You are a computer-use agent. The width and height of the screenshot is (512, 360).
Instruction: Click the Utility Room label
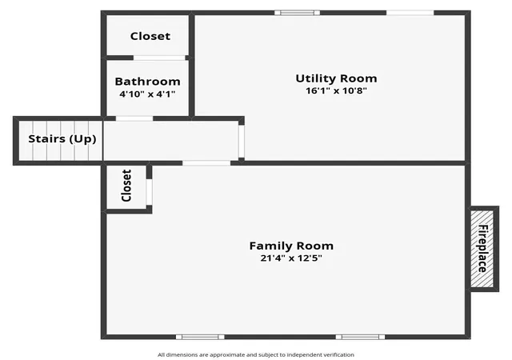pyautogui.click(x=336, y=78)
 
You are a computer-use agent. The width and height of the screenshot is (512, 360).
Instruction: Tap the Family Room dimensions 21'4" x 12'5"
pyautogui.click(x=291, y=258)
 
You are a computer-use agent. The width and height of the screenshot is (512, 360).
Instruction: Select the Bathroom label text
pyautogui.click(x=147, y=82)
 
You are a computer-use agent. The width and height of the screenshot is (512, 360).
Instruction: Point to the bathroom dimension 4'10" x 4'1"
pyautogui.click(x=147, y=94)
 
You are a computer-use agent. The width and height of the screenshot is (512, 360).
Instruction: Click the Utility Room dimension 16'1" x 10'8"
pyautogui.click(x=336, y=90)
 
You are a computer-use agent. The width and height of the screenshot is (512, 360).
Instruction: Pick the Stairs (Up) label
pyautogui.click(x=62, y=139)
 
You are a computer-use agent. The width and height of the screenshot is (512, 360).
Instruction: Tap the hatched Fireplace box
pyautogui.click(x=482, y=249)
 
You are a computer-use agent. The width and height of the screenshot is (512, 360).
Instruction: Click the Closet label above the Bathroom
pyautogui.click(x=150, y=36)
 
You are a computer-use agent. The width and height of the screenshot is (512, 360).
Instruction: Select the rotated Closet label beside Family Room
pyautogui.click(x=126, y=186)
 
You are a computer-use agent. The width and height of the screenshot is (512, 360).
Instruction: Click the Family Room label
pyautogui.click(x=291, y=246)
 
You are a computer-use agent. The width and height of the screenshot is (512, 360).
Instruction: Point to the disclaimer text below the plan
pyautogui.click(x=256, y=354)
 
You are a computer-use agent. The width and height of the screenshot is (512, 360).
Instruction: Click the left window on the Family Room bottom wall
pyautogui.click(x=200, y=337)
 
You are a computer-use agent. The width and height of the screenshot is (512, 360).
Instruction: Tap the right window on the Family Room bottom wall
pyautogui.click(x=360, y=337)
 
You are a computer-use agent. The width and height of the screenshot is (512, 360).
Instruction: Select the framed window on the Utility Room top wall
pyautogui.click(x=297, y=13)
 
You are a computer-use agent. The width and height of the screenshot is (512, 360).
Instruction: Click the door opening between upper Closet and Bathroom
pyautogui.click(x=159, y=58)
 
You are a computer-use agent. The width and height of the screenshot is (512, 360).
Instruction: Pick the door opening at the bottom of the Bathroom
pyautogui.click(x=134, y=118)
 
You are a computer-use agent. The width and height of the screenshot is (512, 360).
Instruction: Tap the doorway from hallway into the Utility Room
pyautogui.click(x=242, y=142)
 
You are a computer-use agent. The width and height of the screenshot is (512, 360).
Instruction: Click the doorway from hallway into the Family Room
pyautogui.click(x=206, y=163)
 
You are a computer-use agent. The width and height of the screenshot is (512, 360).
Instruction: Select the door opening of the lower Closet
pyautogui.click(x=149, y=192)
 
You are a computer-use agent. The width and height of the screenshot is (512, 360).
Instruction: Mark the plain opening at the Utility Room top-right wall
pyautogui.click(x=410, y=13)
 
